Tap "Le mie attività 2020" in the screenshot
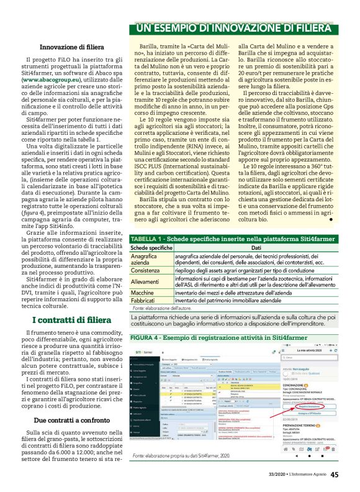pyautogui.click(x=317, y=351)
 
